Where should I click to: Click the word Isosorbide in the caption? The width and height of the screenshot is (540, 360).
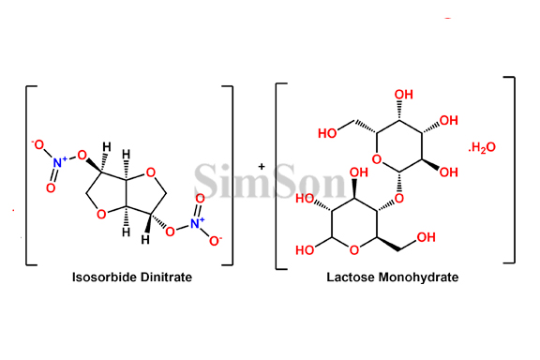pyautogui.click(x=105, y=277)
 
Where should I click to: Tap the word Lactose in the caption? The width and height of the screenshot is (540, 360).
pyautogui.click(x=348, y=277)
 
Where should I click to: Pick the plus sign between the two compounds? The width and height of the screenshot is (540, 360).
pyautogui.click(x=262, y=166)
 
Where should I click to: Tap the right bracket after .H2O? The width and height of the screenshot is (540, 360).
pyautogui.click(x=511, y=169)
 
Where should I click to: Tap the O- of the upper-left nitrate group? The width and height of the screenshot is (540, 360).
pyautogui.click(x=37, y=143)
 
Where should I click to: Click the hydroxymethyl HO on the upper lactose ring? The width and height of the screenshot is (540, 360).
pyautogui.click(x=328, y=132)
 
